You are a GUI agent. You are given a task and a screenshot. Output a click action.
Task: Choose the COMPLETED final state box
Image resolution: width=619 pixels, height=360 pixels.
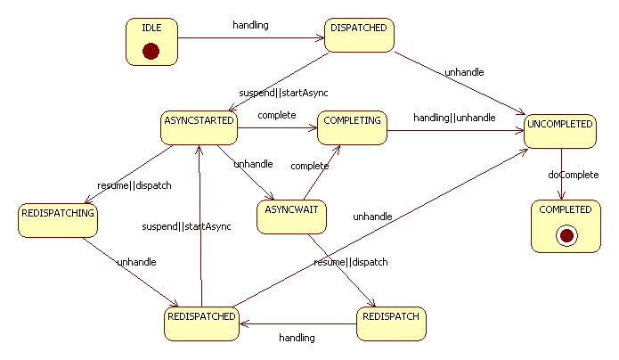click(x=565, y=224)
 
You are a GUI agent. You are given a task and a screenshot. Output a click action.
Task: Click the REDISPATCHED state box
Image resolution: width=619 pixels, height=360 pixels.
click(x=202, y=323)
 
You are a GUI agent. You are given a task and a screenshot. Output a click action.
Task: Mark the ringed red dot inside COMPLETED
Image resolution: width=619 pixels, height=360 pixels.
click(x=565, y=235)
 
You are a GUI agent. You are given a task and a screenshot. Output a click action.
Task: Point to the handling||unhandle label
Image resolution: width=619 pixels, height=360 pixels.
click(x=454, y=118)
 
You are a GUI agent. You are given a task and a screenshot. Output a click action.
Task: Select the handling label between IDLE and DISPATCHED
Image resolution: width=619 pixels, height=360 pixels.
click(x=250, y=24)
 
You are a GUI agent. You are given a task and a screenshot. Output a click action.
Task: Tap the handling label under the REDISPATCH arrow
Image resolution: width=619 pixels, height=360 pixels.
click(x=297, y=338)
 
